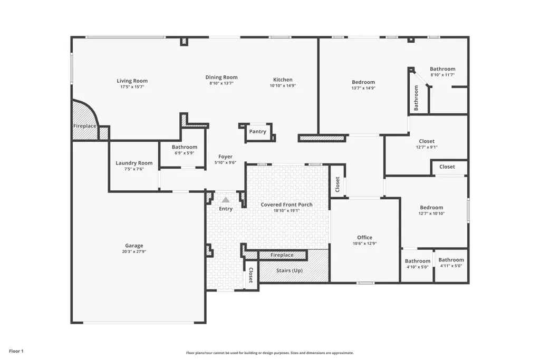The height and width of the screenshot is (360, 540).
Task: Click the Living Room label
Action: click(132, 81)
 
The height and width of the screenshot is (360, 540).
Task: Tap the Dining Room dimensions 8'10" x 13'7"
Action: click(221, 83)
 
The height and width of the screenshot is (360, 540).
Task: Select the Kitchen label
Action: click(283, 80)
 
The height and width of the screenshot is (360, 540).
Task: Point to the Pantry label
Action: click(257, 131)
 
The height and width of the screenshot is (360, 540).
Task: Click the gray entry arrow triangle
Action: click(226, 200)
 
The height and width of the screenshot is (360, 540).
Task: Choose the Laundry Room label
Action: click(134, 163)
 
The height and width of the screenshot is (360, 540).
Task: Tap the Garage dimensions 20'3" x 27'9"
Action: click(134, 251)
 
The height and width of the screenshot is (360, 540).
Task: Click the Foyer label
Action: click(225, 157)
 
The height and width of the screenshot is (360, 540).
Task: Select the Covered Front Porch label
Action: click(286, 205)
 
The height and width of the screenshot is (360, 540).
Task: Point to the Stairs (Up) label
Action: click(290, 270)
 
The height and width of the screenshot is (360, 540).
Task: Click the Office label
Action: click(365, 238)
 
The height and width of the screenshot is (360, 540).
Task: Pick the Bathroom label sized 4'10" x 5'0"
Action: click(418, 261)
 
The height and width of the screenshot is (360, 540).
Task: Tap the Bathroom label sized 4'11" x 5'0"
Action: click(451, 260)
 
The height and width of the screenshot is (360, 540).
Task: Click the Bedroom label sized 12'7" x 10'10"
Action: click(431, 208)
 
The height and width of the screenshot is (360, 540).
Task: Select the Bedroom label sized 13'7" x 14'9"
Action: click(363, 82)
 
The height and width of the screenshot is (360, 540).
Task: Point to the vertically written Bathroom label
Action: click(416, 98)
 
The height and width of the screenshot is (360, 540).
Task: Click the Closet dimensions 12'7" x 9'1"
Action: click(427, 147)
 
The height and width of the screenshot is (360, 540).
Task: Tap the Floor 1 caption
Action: click(16, 351)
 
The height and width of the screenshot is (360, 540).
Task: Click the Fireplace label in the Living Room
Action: click(85, 126)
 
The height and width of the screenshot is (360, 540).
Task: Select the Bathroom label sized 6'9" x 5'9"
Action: click(185, 147)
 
